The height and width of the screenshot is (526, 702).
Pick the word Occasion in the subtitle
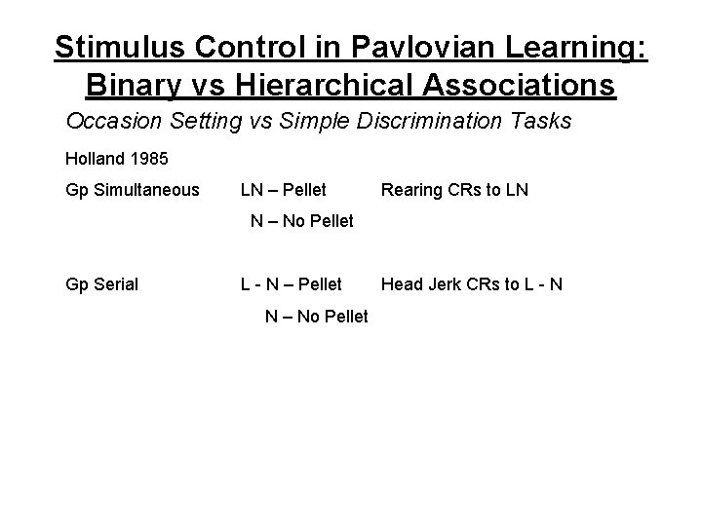tap(106, 122)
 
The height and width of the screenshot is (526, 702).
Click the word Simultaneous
tap(144, 190)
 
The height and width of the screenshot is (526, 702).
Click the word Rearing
tap(410, 190)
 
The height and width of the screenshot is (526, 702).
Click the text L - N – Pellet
tap(292, 284)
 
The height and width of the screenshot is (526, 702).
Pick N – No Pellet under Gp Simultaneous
tap(302, 221)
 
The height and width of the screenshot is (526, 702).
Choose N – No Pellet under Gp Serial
tap(317, 316)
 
